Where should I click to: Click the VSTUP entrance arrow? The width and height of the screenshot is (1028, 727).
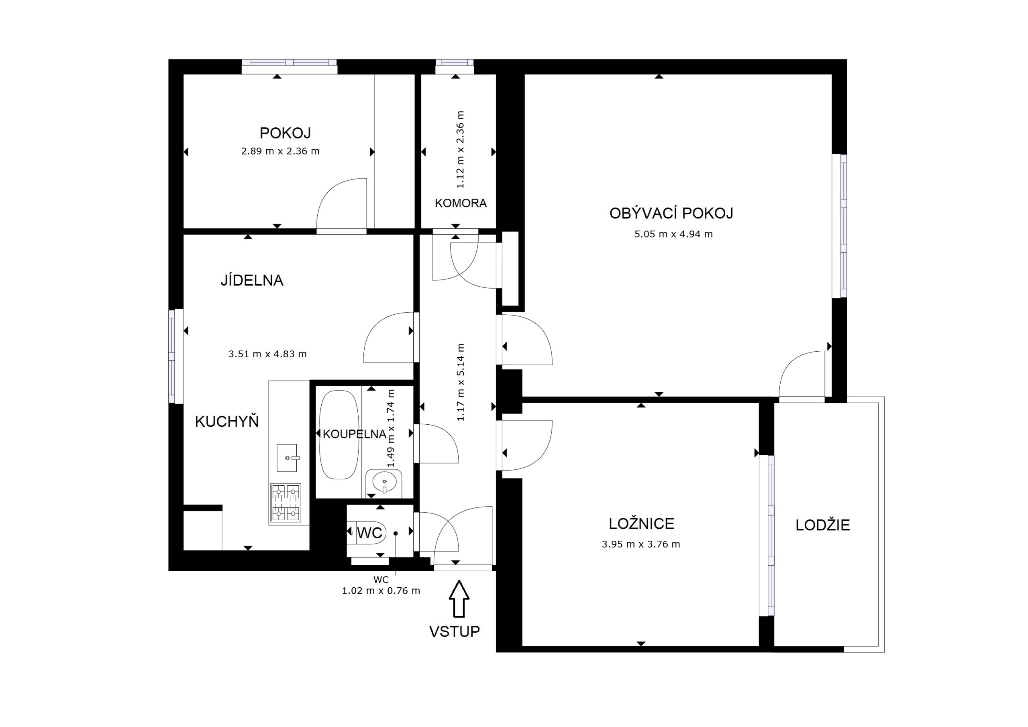[x=459, y=599]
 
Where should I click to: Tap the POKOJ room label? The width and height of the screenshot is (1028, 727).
[x=285, y=133]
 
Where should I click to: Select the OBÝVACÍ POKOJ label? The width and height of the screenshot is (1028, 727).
[x=671, y=213]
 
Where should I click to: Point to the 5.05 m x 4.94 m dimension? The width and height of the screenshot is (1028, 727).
[x=673, y=234]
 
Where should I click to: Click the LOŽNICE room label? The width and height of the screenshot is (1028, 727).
[x=642, y=523]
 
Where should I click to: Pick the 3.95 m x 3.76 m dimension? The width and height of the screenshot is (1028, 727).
[x=641, y=544]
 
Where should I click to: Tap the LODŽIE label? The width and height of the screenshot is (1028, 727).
[x=822, y=525]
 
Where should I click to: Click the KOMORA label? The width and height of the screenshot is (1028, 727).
[x=461, y=203]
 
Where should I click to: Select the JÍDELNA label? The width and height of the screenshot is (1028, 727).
[x=252, y=280]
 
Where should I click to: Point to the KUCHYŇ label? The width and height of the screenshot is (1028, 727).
[x=227, y=421]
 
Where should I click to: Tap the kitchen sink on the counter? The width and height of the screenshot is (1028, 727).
[x=287, y=458]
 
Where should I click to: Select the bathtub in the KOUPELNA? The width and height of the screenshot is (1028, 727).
[x=339, y=435]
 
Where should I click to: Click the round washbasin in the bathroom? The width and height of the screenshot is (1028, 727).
[x=384, y=482]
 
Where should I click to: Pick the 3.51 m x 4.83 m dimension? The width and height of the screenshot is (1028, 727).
[x=268, y=354]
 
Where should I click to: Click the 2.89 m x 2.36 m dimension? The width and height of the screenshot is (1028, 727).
[x=280, y=151]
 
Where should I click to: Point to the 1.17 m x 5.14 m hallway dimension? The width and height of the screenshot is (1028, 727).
[x=460, y=382]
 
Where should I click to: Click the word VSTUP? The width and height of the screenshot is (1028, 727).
[x=455, y=631]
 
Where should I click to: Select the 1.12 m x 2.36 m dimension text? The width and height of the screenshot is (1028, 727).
[x=460, y=149]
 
